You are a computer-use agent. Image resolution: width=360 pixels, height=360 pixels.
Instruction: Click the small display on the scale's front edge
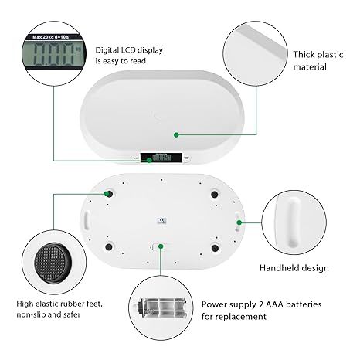[163, 158]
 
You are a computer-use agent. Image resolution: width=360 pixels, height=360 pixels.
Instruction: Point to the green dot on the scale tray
[176, 135]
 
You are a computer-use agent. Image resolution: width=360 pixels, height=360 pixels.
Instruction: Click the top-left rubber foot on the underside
[108, 194]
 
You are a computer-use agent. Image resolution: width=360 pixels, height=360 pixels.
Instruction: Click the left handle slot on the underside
[88, 221]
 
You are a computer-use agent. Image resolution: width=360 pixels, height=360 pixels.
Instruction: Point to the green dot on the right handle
[239, 222]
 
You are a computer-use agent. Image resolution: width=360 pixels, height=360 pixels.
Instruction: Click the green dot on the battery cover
[160, 247]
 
